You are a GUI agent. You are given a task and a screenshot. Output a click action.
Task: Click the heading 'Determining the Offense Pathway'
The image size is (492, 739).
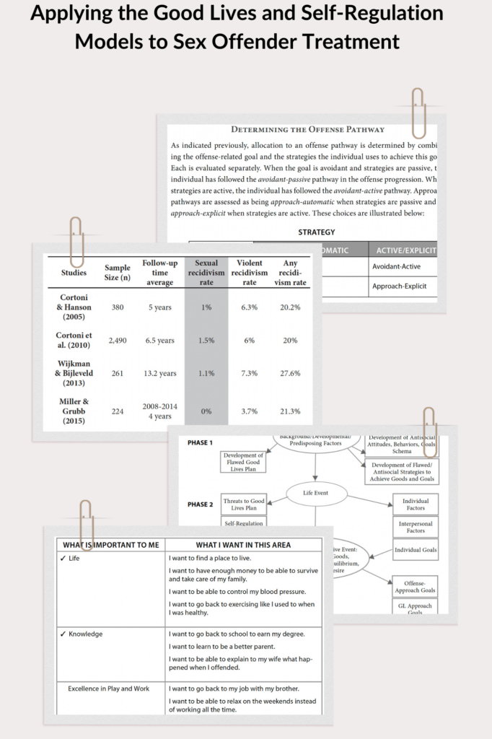[307, 130]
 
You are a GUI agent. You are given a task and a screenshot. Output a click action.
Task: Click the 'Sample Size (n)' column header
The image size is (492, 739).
[117, 273]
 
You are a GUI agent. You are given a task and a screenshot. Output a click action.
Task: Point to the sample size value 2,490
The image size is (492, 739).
[117, 341]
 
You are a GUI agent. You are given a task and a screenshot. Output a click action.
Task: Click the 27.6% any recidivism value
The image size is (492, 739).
[290, 374]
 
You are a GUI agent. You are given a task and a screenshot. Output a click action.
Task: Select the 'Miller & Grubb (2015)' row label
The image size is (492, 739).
[73, 411]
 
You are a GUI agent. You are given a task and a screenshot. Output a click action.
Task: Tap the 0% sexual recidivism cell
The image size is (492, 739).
[206, 411]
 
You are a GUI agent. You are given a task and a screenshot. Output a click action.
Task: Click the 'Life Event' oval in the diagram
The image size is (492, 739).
[317, 494]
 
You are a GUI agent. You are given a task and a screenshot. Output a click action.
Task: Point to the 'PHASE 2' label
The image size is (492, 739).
[200, 504]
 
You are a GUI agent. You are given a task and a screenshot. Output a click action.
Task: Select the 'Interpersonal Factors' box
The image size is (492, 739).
[415, 526]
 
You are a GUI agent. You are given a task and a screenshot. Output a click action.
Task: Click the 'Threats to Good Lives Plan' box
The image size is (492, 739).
[243, 504]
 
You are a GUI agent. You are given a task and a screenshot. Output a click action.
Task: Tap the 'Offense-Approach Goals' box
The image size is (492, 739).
[414, 587]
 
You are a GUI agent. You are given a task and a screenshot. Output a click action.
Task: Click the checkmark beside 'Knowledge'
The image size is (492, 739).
[63, 634]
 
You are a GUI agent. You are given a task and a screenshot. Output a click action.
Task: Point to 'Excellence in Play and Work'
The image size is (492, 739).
[109, 688]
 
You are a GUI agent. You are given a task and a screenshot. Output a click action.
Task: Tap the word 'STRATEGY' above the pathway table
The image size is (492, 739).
[316, 232]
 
